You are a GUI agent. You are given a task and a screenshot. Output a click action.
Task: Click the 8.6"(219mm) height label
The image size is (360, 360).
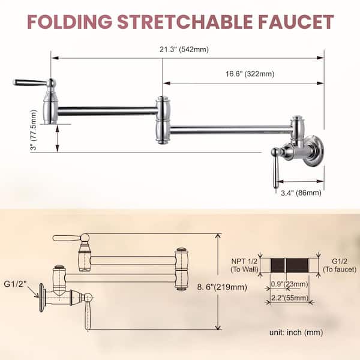[x=246, y=287]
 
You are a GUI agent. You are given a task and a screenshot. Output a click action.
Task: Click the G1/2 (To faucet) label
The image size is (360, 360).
[x=339, y=265]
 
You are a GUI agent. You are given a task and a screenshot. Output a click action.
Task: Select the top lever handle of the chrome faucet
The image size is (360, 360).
[x=30, y=82]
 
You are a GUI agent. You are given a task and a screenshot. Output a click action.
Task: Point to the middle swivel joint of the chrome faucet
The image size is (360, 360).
[x=162, y=120]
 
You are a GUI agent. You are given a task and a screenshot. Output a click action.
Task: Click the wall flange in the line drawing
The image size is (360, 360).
[x=42, y=292]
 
